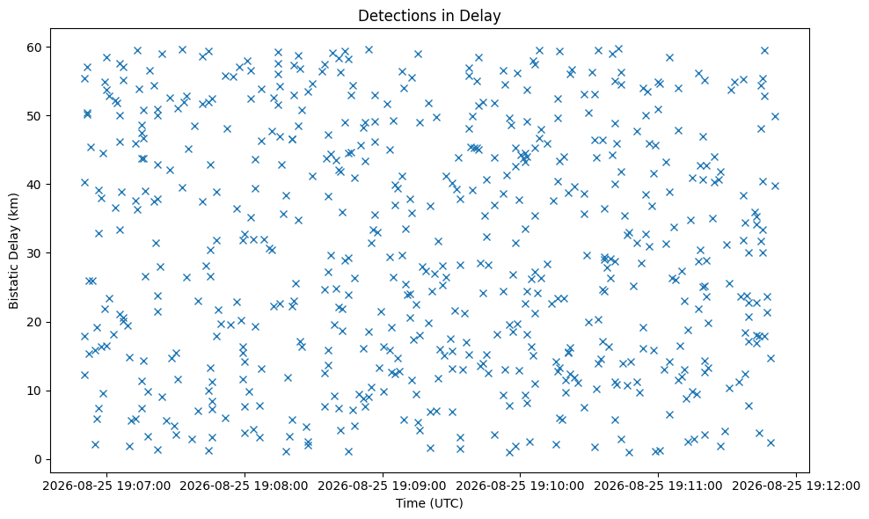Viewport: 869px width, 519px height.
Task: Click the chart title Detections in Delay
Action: coord(429,16)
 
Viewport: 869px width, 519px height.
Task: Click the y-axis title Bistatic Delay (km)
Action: coord(14,251)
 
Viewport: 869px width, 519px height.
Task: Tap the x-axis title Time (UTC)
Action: coord(429,503)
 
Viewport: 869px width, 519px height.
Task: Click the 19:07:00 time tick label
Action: coord(106,486)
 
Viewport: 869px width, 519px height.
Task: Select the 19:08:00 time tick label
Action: coord(245,486)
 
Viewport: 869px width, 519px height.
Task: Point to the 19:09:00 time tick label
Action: coord(383,486)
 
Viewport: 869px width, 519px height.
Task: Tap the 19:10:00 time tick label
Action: coord(520,486)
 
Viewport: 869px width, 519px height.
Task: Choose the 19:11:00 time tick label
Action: coord(658,486)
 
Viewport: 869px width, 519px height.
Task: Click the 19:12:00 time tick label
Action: coord(796,486)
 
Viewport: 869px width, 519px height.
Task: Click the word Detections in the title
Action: coord(395,16)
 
